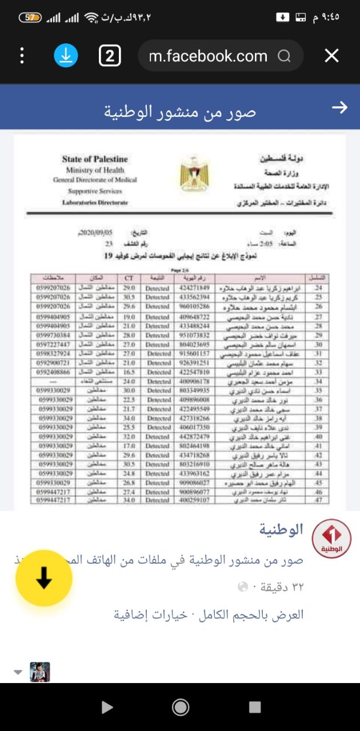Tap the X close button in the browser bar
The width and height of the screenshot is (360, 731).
tap(331, 55)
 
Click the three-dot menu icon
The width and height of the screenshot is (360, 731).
tap(22, 55)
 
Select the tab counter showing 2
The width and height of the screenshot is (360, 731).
tap(110, 55)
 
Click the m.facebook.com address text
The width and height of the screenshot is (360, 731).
tap(208, 56)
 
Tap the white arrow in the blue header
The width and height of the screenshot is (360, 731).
tap(339, 107)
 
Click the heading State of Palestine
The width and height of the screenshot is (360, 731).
tap(95, 159)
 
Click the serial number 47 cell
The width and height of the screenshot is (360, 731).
tap(318, 500)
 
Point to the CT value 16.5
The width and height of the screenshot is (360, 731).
tap(129, 372)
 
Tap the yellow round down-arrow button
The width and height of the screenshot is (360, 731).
tap(44, 578)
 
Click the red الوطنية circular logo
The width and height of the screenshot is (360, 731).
tap(331, 539)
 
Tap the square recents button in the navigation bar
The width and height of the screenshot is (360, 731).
tap(255, 708)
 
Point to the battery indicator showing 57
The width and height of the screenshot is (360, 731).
tap(30, 18)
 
